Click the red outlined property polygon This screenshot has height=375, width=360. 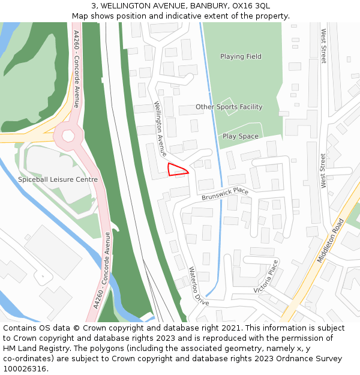(x=177, y=170)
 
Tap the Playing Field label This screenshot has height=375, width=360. (x=241, y=56)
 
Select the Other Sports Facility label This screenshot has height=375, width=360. (x=229, y=107)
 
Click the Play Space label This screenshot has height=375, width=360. (x=240, y=136)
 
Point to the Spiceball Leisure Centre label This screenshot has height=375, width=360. (x=58, y=179)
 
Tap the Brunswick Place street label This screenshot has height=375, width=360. (x=225, y=194)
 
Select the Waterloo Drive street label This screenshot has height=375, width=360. (x=199, y=286)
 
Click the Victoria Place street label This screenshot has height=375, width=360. (x=266, y=276)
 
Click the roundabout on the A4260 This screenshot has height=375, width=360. (x=68, y=136)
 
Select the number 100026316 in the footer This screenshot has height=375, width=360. (x=26, y=369)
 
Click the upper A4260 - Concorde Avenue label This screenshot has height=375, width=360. (x=76, y=68)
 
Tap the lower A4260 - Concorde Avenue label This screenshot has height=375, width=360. (x=102, y=270)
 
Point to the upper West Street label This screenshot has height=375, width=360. (x=323, y=46)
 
